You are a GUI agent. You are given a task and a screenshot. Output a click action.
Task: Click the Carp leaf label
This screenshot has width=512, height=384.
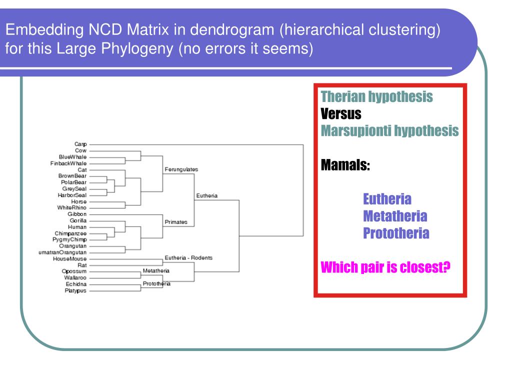click(x=80, y=144)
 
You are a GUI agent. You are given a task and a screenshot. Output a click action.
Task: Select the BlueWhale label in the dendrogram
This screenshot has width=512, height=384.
click(x=72, y=157)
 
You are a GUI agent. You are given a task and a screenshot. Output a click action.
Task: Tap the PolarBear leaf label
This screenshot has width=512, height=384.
click(x=74, y=182)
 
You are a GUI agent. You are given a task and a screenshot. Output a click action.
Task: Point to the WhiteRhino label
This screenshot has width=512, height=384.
click(x=72, y=208)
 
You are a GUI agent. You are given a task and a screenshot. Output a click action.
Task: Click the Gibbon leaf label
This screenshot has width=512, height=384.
click(x=77, y=214)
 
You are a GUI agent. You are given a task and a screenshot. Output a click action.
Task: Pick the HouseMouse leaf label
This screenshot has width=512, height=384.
click(x=70, y=259)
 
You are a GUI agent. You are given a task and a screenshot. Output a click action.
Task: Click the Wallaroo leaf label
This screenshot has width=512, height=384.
click(x=75, y=278)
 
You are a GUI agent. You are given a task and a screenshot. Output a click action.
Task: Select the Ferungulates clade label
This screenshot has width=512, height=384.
click(x=181, y=169)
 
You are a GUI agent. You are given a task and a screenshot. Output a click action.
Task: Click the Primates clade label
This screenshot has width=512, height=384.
click(x=176, y=222)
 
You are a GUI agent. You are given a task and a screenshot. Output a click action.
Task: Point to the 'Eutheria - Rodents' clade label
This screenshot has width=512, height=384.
click(x=188, y=258)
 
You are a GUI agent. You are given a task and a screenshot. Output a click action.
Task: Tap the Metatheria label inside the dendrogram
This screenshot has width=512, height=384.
click(x=156, y=270)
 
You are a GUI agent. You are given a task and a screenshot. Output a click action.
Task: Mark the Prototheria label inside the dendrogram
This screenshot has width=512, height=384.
click(x=156, y=283)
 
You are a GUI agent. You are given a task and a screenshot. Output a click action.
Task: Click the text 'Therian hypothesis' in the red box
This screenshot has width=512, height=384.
click(x=376, y=97)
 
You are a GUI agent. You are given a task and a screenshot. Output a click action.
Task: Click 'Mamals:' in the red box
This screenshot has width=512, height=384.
click(x=345, y=164)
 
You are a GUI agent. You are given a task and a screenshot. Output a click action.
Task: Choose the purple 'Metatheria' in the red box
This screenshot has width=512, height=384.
click(x=395, y=216)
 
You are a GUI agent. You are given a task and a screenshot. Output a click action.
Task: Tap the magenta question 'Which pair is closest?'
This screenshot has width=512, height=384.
click(x=385, y=267)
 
